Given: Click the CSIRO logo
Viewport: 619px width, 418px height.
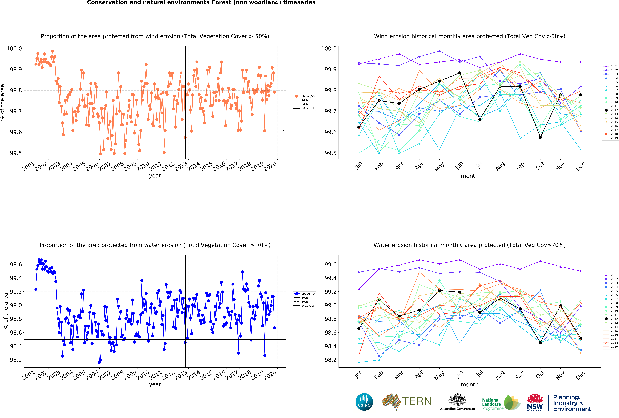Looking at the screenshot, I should pos(364,402).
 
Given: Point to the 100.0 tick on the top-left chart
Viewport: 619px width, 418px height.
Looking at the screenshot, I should pos(14,48).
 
